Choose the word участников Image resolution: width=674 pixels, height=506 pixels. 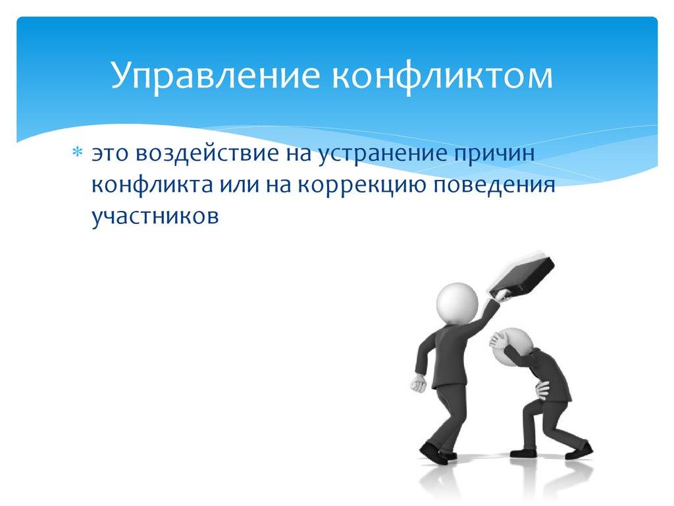(x=155, y=216)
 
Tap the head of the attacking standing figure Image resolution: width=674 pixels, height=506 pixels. (x=457, y=302)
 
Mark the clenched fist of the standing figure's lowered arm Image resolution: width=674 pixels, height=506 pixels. (x=417, y=384)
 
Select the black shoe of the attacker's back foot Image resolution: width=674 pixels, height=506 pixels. (x=430, y=453)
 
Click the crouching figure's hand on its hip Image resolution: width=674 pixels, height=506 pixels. (x=542, y=388)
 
